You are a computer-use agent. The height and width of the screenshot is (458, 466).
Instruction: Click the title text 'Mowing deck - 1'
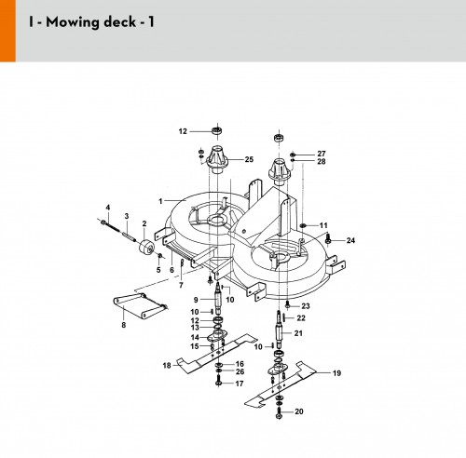(x=100, y=22)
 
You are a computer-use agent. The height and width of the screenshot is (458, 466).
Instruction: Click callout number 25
(x=249, y=159)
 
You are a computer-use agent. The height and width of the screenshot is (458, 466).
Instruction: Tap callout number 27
(x=322, y=154)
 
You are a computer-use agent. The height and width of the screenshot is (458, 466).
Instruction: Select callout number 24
(x=350, y=240)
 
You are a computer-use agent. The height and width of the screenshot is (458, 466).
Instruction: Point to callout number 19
(x=336, y=373)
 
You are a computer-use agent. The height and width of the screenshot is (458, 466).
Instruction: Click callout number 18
(x=167, y=366)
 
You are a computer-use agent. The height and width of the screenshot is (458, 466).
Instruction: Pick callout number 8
(x=124, y=325)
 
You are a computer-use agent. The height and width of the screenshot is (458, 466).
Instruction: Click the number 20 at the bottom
(x=299, y=411)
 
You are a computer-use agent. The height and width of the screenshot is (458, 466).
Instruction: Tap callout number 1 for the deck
(x=160, y=201)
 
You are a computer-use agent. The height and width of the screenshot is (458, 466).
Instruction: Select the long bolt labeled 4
(x=110, y=225)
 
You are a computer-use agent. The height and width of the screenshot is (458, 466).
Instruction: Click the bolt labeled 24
(x=328, y=240)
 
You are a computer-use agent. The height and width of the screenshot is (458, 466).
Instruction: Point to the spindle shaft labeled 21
(x=280, y=329)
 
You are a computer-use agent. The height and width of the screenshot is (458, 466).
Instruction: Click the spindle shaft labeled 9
(x=218, y=298)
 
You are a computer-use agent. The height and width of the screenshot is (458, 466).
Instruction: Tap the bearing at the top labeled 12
(x=217, y=130)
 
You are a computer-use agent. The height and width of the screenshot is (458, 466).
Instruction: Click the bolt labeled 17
(x=218, y=381)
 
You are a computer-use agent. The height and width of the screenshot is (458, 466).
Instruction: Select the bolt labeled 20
(x=279, y=413)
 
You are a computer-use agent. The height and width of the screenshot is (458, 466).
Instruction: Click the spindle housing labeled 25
(x=217, y=159)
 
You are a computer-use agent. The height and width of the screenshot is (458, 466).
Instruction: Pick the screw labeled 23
(x=287, y=305)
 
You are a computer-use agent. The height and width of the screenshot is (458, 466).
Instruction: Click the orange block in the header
(x=7, y=31)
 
